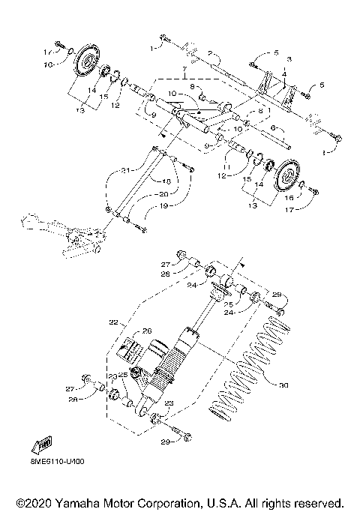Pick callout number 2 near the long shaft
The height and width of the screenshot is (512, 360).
coord(211,54)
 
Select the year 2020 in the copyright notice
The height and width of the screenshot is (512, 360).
coord(38,502)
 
